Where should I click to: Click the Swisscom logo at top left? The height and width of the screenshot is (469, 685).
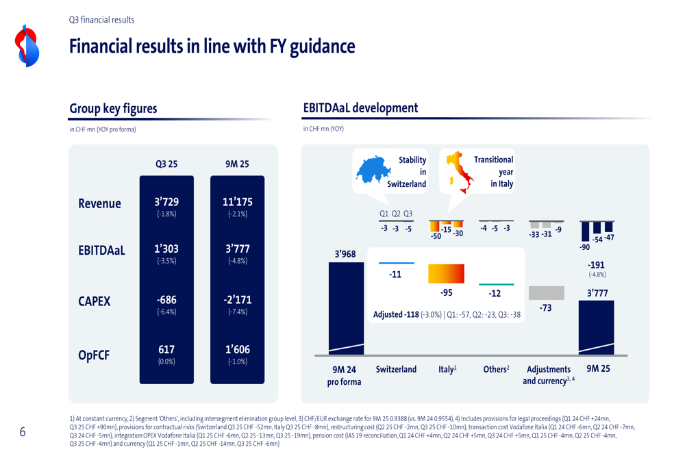pyautogui.click(x=27, y=46)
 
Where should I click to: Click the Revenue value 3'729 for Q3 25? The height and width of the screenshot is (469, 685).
pyautogui.click(x=166, y=202)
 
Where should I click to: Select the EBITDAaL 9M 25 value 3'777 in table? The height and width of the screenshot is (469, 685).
pyautogui.click(x=238, y=249)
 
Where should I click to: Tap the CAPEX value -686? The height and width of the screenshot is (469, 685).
pyautogui.click(x=166, y=300)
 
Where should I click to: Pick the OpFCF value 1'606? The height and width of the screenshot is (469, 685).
pyautogui.click(x=238, y=349)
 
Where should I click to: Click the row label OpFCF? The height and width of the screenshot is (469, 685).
pyautogui.click(x=94, y=355)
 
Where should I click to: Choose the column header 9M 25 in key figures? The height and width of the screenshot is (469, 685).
pyautogui.click(x=238, y=164)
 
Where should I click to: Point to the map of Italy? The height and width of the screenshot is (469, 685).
pyautogui.click(x=458, y=170)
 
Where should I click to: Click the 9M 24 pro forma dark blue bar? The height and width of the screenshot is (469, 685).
pyautogui.click(x=347, y=308)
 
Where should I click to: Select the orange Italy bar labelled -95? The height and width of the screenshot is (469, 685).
pyautogui.click(x=446, y=274)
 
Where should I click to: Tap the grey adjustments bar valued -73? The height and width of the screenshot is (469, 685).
pyautogui.click(x=546, y=293)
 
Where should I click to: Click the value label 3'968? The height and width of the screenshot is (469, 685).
pyautogui.click(x=345, y=254)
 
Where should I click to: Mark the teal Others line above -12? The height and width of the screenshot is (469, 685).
pyautogui.click(x=495, y=284)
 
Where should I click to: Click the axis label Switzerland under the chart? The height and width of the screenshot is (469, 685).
pyautogui.click(x=396, y=369)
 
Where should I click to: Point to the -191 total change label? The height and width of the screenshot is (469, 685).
pyautogui.click(x=597, y=265)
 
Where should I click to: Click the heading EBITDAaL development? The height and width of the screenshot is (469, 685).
pyautogui.click(x=360, y=107)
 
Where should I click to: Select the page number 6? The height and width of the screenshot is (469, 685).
pyautogui.click(x=23, y=432)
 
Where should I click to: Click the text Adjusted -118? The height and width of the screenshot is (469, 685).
pyautogui.click(x=396, y=315)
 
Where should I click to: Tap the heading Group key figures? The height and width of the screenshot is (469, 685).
pyautogui.click(x=113, y=109)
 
